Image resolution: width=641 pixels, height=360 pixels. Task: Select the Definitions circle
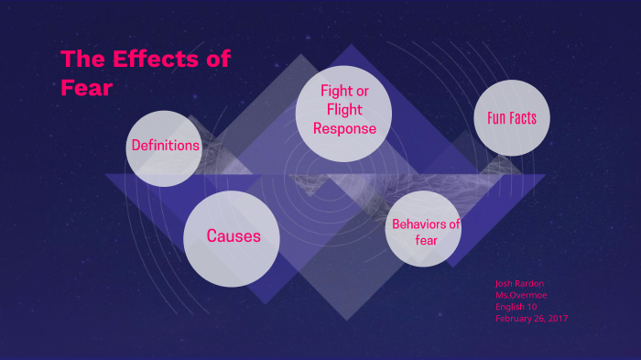pos(165,146)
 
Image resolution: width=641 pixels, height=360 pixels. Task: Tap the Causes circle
pos(233,236)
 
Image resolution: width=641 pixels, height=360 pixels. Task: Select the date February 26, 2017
pos(532,318)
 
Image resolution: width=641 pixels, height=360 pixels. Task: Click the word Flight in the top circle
pos(344,110)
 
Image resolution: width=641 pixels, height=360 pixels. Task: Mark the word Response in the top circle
pos(344,128)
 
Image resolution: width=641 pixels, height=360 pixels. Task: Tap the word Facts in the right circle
pos(523,118)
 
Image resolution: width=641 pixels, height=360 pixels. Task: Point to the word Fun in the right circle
pos(495,118)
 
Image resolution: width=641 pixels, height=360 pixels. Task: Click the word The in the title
pos(81,61)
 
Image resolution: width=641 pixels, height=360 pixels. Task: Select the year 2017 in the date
pos(557,318)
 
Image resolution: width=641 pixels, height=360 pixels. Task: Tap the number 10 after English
pos(532,307)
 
